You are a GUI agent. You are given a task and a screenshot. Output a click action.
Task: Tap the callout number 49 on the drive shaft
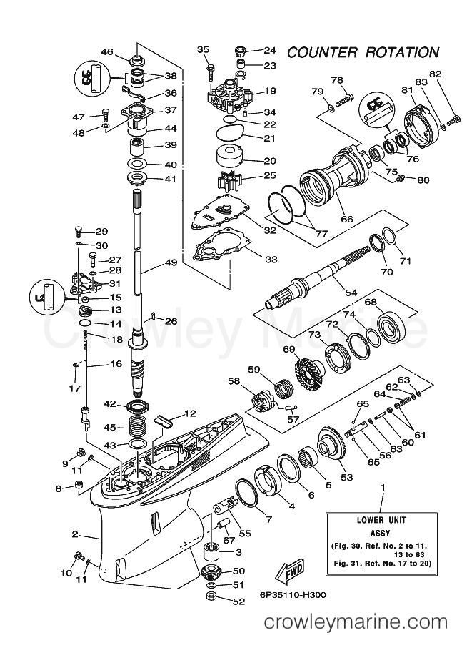171,262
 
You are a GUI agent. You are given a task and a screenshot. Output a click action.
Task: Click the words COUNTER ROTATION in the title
362,52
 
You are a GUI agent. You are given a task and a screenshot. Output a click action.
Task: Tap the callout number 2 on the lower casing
74,534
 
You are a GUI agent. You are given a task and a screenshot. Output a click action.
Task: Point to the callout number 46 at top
107,51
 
